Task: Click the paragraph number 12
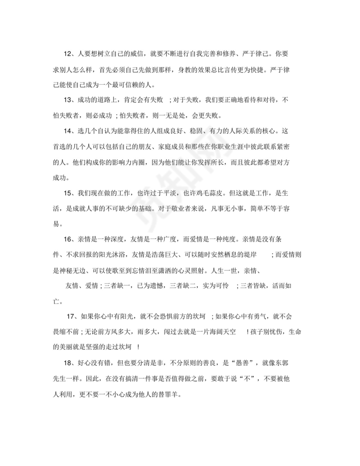click(x=67, y=54)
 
